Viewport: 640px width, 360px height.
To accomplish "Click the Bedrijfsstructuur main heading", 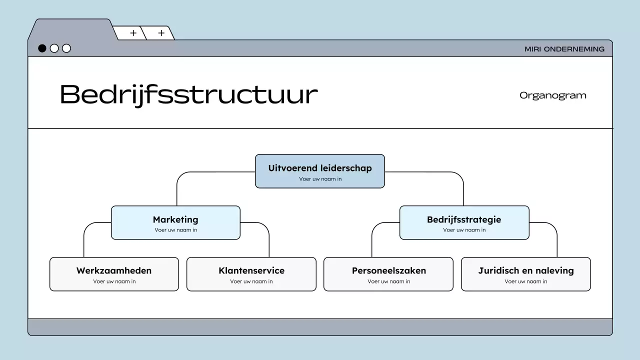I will [188, 94].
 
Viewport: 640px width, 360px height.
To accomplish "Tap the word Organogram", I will [552, 95].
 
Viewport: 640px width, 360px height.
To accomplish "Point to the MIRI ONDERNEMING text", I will [564, 49].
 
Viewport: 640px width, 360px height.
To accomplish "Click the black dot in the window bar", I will [42, 48].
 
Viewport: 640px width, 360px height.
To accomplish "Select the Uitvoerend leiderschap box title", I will [320, 168].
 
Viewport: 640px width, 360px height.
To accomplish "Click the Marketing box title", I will [175, 219].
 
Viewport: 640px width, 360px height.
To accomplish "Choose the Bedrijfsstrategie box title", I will [464, 219].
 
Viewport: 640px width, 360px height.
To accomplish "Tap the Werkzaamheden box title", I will [114, 270].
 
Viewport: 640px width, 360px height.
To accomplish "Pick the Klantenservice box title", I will [251, 270].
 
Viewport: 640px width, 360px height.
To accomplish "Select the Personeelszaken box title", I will [389, 270].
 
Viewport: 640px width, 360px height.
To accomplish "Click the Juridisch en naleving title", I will [526, 270].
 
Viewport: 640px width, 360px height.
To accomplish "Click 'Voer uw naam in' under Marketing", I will [176, 230].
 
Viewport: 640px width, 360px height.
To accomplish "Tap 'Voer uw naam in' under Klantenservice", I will [251, 281].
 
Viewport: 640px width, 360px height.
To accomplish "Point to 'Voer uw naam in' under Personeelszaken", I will [389, 281].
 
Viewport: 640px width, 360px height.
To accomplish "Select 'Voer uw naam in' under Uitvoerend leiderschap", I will [320, 179].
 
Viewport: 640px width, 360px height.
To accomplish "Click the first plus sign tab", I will [133, 33].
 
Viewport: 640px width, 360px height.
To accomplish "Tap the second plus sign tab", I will [161, 33].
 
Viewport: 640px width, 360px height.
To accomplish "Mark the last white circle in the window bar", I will [66, 48].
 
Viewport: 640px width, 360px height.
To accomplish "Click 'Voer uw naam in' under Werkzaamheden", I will [114, 281].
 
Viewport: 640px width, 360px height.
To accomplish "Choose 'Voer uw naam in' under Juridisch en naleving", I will [526, 281].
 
